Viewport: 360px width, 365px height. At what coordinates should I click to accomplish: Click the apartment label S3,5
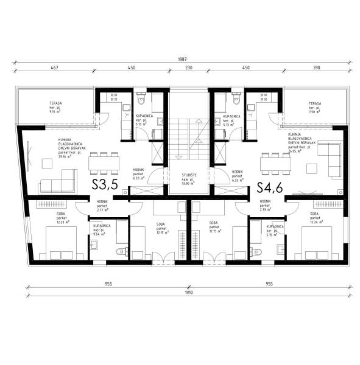click(x=105, y=185)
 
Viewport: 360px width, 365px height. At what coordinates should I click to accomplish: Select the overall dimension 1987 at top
click(x=182, y=59)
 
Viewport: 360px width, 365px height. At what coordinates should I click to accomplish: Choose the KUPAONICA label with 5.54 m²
click(x=102, y=229)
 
